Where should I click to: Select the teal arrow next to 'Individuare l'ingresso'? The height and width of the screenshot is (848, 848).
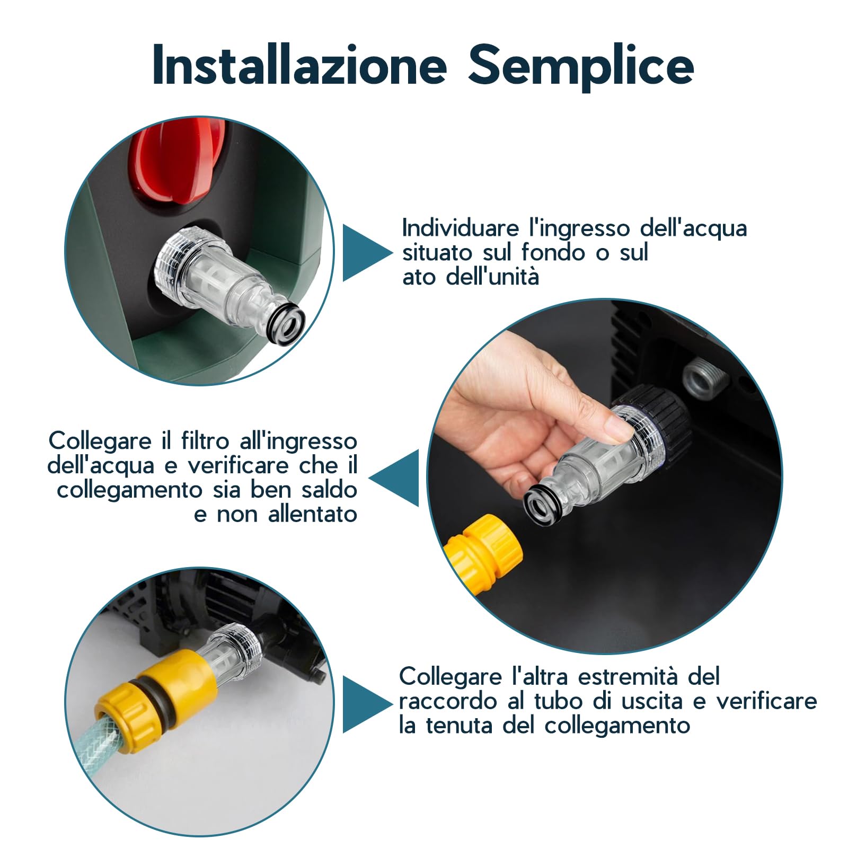[366, 253]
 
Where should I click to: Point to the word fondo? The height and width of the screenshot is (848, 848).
[556, 252]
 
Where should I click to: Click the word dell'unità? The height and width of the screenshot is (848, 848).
[492, 277]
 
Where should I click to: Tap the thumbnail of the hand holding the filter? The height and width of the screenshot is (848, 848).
[604, 477]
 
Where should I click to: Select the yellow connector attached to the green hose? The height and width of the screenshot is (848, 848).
[159, 700]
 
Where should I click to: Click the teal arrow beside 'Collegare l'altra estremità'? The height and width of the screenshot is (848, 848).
[366, 704]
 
